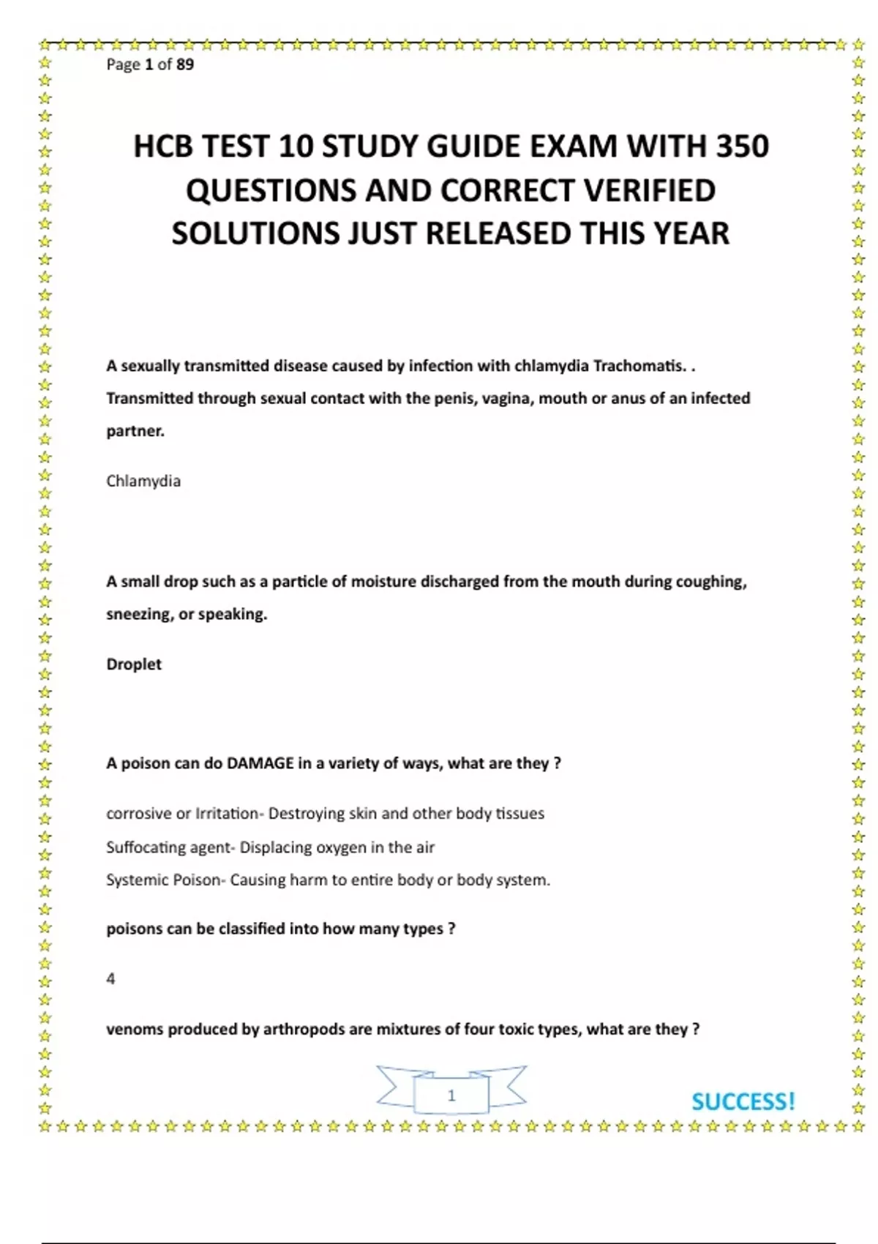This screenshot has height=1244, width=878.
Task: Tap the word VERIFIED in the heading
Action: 650,190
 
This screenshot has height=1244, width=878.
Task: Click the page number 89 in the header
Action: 185,64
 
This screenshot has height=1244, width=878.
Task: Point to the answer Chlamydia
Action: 143,481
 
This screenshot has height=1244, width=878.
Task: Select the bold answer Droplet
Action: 134,664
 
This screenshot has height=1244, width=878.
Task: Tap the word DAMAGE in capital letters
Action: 260,763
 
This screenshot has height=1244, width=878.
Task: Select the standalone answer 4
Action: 110,979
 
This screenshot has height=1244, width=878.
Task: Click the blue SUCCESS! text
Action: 743,1101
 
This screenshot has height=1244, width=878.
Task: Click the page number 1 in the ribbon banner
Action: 451,1095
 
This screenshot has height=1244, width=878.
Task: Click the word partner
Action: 135,431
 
